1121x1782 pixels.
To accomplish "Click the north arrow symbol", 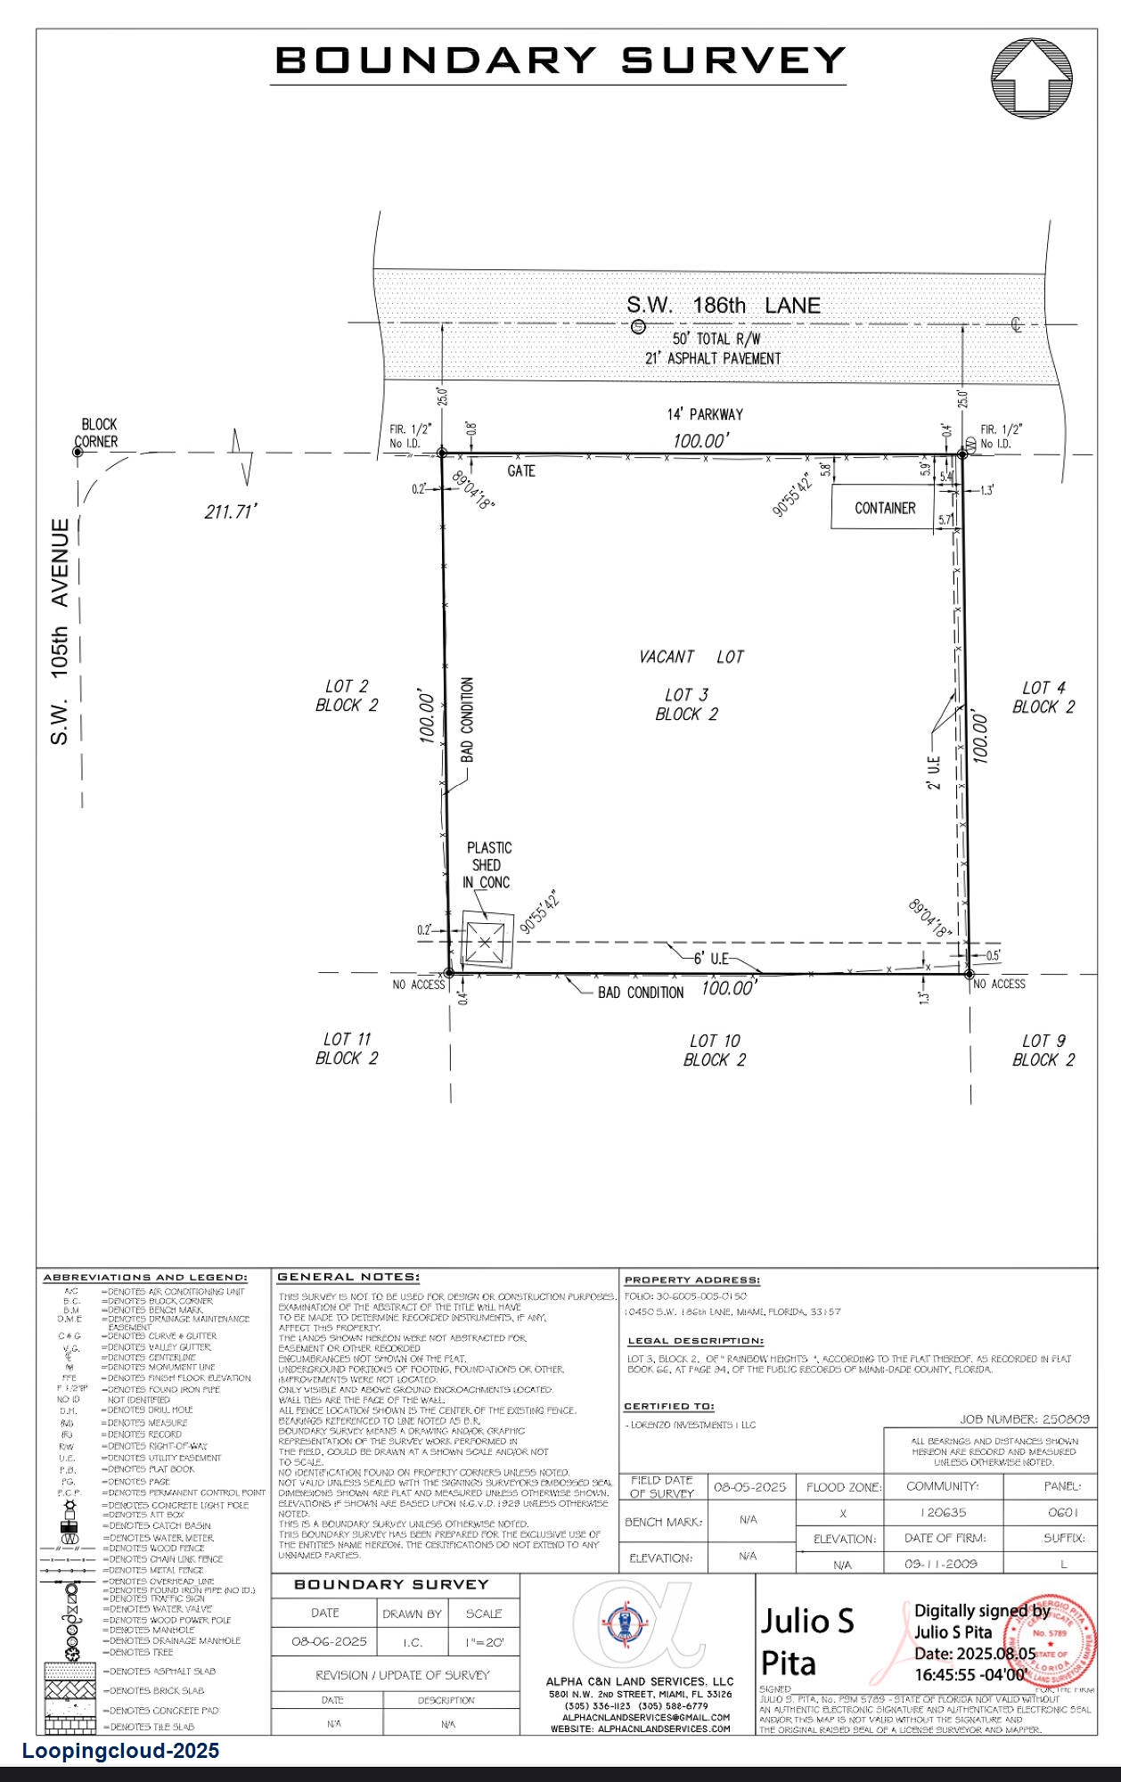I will (x=1032, y=78).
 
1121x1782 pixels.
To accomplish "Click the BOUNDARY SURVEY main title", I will (x=560, y=61).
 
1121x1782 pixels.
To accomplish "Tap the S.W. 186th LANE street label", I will (x=723, y=305).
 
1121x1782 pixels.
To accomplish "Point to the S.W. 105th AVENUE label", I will (x=60, y=632).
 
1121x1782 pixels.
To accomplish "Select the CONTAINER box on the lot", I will (x=884, y=508).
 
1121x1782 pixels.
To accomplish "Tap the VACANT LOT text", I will (x=691, y=657).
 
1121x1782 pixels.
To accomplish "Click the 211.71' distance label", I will (x=230, y=512).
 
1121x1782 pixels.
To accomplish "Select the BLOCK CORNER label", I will (x=97, y=433).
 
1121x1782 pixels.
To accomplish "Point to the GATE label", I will (x=521, y=470).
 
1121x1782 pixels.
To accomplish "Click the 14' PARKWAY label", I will (x=704, y=414).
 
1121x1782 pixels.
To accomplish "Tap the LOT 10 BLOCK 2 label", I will (x=715, y=1050).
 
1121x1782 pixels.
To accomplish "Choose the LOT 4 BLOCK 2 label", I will (x=1043, y=697).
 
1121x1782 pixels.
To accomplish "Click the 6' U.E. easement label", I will (x=711, y=958).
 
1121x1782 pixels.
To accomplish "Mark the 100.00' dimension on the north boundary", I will (x=700, y=440).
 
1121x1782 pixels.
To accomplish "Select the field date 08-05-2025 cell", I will (x=750, y=1487).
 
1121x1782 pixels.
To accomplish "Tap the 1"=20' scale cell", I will (x=484, y=1641).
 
